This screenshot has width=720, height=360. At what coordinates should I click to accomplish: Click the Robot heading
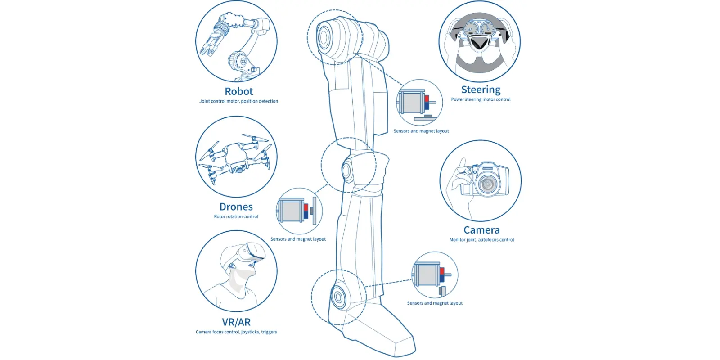[238, 91]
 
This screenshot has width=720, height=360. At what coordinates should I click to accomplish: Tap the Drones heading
[236, 207]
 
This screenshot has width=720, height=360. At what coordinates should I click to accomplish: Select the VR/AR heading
[236, 322]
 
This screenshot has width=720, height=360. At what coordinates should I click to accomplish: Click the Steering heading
[481, 90]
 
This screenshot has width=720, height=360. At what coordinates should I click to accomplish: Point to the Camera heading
[481, 230]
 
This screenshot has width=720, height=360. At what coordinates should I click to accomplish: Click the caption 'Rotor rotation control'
[236, 217]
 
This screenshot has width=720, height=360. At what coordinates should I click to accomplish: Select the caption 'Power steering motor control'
[481, 99]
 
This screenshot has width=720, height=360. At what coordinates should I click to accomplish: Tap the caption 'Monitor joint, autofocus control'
[481, 240]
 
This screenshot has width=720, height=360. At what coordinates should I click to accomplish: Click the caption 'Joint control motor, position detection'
[238, 101]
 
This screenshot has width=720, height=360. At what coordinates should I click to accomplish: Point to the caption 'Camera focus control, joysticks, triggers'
[236, 332]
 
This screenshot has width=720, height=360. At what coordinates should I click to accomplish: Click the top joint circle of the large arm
[324, 36]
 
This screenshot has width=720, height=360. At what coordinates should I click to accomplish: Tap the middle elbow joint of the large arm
[347, 170]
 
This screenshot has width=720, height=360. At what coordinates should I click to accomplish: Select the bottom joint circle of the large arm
[338, 297]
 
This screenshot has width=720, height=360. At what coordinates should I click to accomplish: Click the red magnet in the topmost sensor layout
[427, 99]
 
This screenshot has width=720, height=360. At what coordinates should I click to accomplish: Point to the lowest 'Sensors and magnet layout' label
[435, 303]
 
